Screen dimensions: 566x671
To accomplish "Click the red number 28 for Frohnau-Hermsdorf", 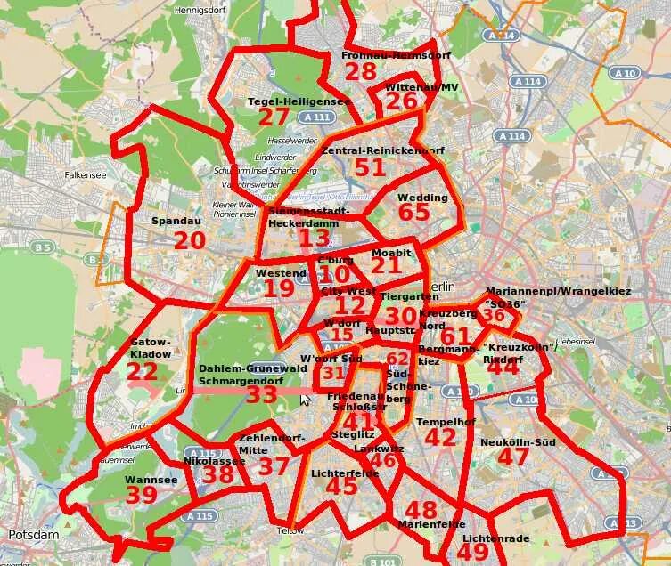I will (361, 72).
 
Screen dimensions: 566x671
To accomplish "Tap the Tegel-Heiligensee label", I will (298, 101).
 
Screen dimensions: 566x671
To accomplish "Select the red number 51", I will (370, 167).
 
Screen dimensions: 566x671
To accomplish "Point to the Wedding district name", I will (422, 198).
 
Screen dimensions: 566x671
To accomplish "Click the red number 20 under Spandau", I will (190, 241).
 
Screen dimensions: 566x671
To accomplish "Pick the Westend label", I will (281, 273).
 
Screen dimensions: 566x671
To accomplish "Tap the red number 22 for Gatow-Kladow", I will (143, 372).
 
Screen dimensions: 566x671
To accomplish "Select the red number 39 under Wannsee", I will (141, 496).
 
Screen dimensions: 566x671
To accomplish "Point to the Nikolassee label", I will (214, 462).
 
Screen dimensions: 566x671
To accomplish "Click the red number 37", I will (274, 466).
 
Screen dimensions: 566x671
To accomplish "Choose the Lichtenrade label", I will (496, 538).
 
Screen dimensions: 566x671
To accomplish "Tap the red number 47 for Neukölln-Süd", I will (513, 457).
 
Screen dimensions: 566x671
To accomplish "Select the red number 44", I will (503, 366).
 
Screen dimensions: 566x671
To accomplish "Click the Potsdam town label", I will (33, 535).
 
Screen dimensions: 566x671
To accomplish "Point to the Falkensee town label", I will (86, 175).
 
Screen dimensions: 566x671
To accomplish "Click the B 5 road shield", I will (42, 246).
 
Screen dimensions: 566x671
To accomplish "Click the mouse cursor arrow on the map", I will (305, 400).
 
